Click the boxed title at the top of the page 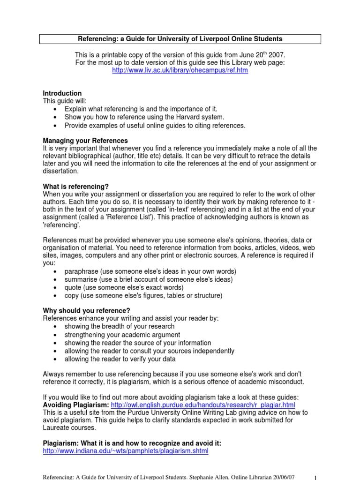coord(180,39)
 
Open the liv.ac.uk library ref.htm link coord(180,70)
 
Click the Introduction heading coord(62,93)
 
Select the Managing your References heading coord(85,141)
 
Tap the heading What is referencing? coord(76,186)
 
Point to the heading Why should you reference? coord(87,310)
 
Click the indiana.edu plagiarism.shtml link coord(126,451)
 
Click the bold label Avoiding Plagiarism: coord(76,405)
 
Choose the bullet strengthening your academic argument coord(122,335)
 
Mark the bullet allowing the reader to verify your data coord(120,359)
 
